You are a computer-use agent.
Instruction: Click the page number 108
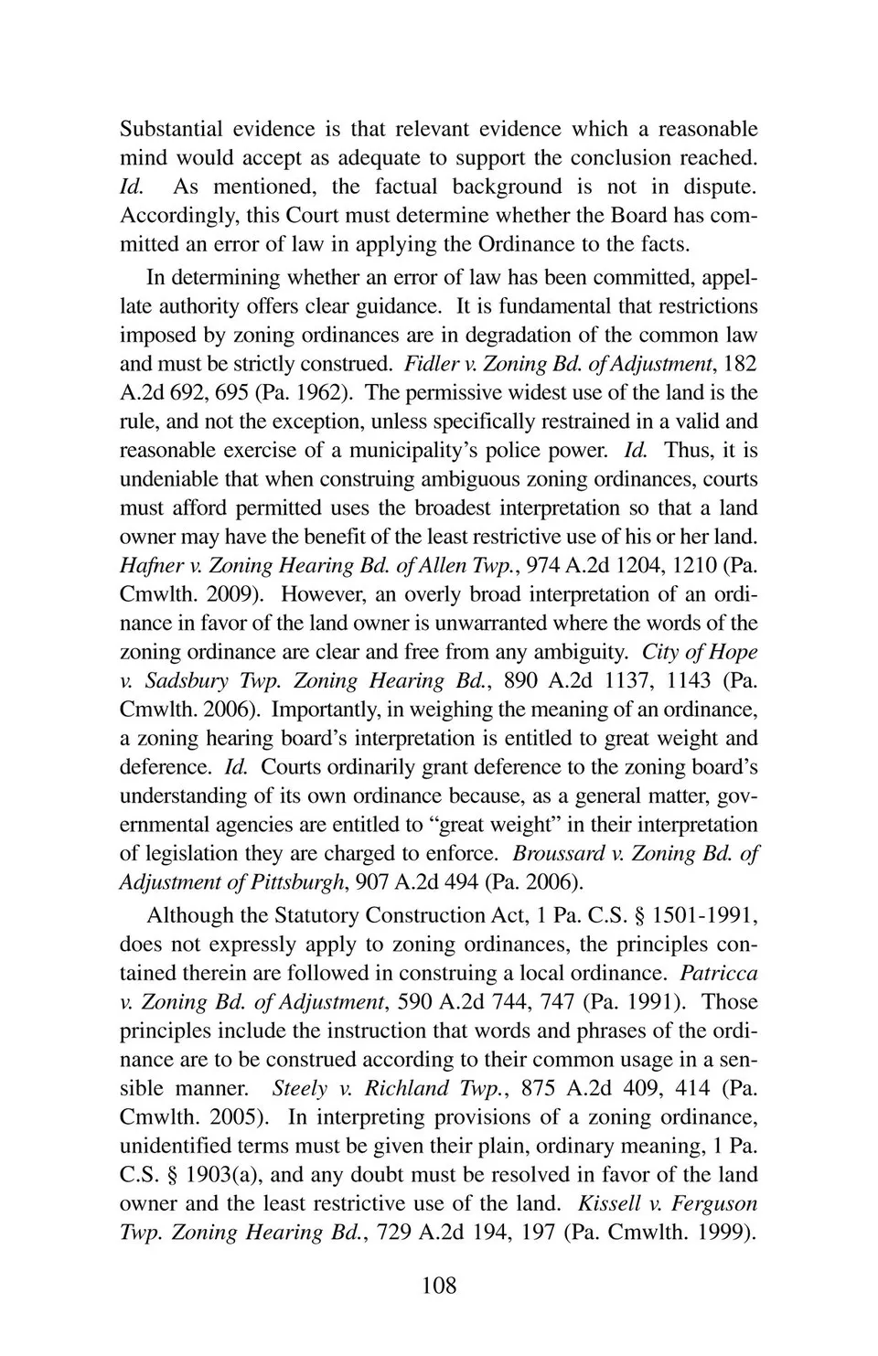coord(438,1286)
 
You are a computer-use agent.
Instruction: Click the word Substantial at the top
coord(166,129)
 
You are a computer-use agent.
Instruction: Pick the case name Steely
coord(299,1089)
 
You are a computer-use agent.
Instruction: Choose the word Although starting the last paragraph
coord(189,916)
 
